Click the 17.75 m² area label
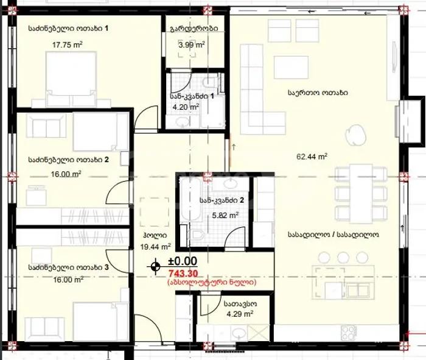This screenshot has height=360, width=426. pyautogui.click(x=68, y=44)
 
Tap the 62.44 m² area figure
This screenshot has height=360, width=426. pyautogui.click(x=312, y=157)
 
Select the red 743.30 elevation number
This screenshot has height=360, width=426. pyautogui.click(x=183, y=274)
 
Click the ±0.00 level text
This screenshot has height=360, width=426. pyautogui.click(x=183, y=261)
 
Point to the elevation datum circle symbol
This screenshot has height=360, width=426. pyautogui.click(x=155, y=266)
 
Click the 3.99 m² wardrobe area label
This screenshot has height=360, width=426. pyautogui.click(x=192, y=44)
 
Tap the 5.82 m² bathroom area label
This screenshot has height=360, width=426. pyautogui.click(x=225, y=216)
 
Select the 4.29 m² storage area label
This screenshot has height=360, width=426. pyautogui.click(x=240, y=314)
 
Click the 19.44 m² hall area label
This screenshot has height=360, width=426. pyautogui.click(x=155, y=247)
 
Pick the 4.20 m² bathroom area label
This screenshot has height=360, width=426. pyautogui.click(x=186, y=107)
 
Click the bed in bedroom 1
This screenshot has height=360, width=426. pyautogui.click(x=71, y=79)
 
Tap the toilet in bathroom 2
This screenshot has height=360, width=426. pyautogui.click(x=196, y=235)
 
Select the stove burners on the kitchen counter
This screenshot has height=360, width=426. pyautogui.click(x=349, y=333)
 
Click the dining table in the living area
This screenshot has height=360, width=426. pyautogui.click(x=361, y=194)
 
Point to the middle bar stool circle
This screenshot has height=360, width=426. pyautogui.click(x=343, y=258)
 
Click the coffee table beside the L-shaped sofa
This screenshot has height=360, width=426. pyautogui.click(x=291, y=67)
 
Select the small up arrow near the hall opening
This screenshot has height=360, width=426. pyautogui.click(x=234, y=147)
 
